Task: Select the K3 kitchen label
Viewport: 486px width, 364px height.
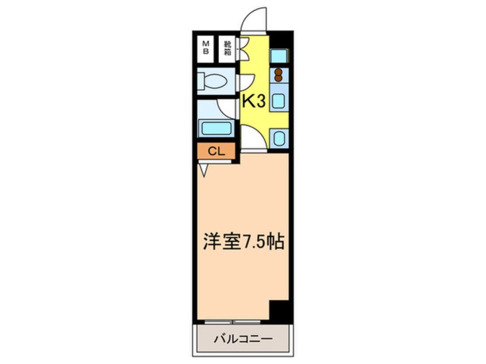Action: click(x=253, y=102)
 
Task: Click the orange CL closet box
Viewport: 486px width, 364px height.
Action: click(x=215, y=152)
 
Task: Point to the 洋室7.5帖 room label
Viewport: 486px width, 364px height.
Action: click(x=242, y=242)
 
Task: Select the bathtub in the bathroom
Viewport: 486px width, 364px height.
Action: click(x=215, y=127)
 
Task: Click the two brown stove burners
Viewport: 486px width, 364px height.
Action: click(x=279, y=75)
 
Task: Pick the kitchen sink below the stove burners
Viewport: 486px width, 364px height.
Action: click(x=279, y=101)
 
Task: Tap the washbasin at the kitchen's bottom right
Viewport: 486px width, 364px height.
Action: click(x=279, y=138)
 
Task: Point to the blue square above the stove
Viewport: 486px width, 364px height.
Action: click(x=279, y=56)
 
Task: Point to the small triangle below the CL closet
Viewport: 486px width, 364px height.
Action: click(x=204, y=169)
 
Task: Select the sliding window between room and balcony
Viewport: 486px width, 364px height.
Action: click(x=233, y=322)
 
